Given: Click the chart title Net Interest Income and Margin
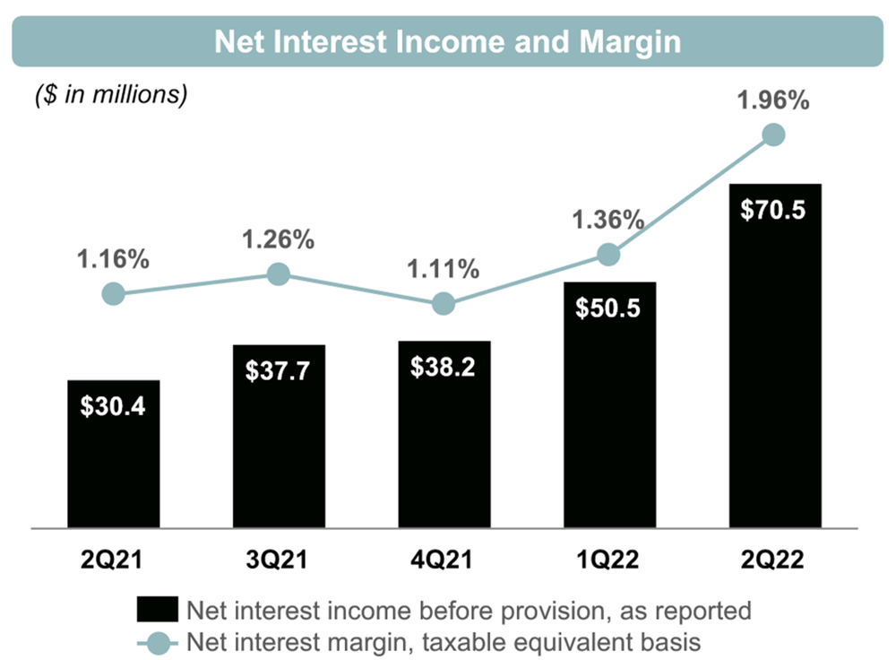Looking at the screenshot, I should [x=447, y=41].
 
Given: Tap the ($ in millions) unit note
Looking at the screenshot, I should [x=111, y=95].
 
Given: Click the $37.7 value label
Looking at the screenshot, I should [x=278, y=370].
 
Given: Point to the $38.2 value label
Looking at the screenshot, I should [x=444, y=367].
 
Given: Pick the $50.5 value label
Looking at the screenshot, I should [x=608, y=308].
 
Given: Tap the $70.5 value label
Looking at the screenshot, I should [x=774, y=211].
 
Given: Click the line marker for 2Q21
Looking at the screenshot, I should [x=113, y=293].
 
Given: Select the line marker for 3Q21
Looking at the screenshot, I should [x=278, y=274].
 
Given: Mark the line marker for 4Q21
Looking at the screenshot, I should [x=444, y=304].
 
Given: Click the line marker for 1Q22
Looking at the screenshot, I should [x=608, y=255].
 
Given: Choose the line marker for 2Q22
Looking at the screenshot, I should [x=773, y=135].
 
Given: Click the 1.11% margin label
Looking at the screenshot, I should [x=444, y=268].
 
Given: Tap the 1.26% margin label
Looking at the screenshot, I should [x=278, y=239].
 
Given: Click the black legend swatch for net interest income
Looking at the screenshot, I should [x=158, y=610].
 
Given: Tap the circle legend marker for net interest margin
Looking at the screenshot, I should [x=159, y=641].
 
